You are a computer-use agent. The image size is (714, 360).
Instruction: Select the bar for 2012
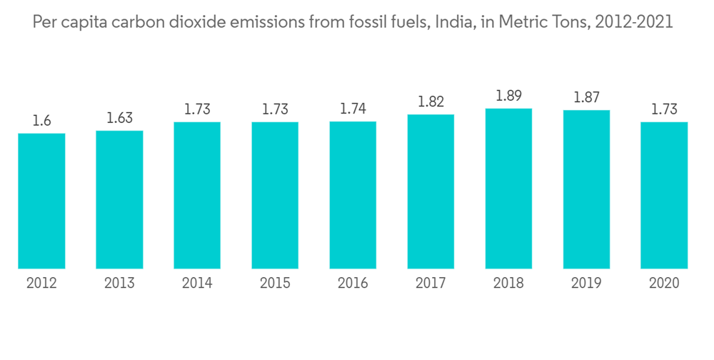pyautogui.click(x=41, y=201)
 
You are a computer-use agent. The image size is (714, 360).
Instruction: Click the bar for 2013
pyautogui.click(x=119, y=199)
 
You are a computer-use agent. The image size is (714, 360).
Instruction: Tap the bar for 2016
pyautogui.click(x=353, y=195)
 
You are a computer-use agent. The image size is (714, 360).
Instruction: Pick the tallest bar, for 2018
pyautogui.click(x=508, y=189)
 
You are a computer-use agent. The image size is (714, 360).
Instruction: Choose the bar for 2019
pyautogui.click(x=586, y=189)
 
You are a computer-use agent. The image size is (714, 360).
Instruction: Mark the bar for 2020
pyautogui.click(x=664, y=195)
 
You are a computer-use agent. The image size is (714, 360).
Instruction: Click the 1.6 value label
pyautogui.click(x=41, y=121)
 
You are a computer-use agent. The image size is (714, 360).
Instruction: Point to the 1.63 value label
pyautogui.click(x=119, y=118)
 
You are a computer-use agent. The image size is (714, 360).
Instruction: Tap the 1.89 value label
pyautogui.click(x=508, y=96)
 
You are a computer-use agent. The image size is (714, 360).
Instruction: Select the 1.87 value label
pyautogui.click(x=586, y=98)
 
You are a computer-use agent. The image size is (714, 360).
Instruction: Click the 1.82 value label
pyautogui.click(x=431, y=101)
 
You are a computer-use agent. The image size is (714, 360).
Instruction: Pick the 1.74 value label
pyautogui.click(x=353, y=109)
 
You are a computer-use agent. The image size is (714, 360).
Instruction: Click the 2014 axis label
pyautogui.click(x=197, y=284)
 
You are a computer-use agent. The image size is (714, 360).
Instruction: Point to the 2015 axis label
pyautogui.click(x=275, y=284)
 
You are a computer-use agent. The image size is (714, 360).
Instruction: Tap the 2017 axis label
pyautogui.click(x=431, y=284)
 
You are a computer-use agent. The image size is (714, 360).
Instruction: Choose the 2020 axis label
pyautogui.click(x=664, y=284)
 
